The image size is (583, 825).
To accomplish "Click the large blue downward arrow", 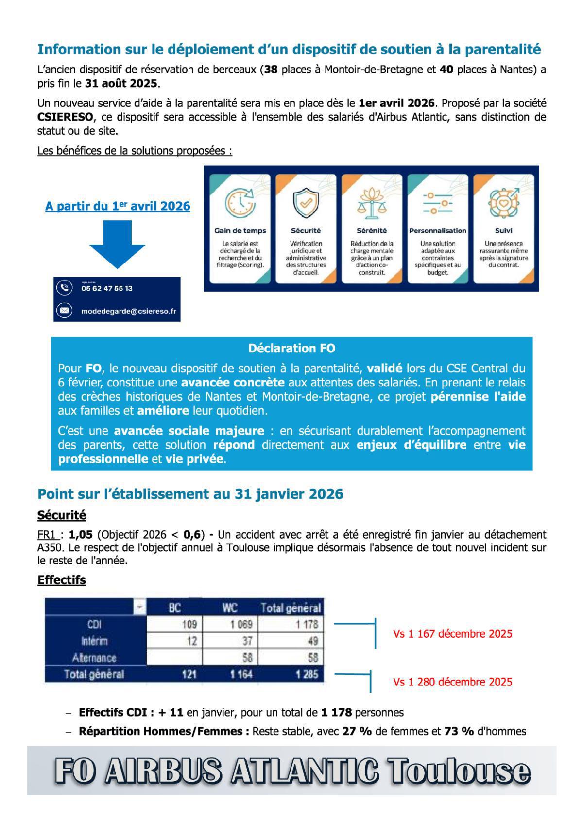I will pos(118,243).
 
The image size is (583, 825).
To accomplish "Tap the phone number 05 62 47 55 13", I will pos(107,288).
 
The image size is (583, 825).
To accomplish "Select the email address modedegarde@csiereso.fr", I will pos(128,311).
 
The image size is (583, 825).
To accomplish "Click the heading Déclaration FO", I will pos(291,348).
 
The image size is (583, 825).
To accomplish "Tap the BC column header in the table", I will pos(174,608).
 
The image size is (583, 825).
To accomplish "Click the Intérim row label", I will pos(95,641).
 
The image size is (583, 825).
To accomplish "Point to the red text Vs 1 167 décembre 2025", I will pos(452,634).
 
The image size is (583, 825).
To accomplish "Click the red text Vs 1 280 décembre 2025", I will pos(452,682).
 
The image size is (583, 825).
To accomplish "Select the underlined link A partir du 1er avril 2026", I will pos(118,206).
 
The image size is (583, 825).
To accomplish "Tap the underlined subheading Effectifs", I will pos(61,580).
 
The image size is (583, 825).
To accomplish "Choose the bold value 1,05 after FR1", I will pos(81,535).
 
